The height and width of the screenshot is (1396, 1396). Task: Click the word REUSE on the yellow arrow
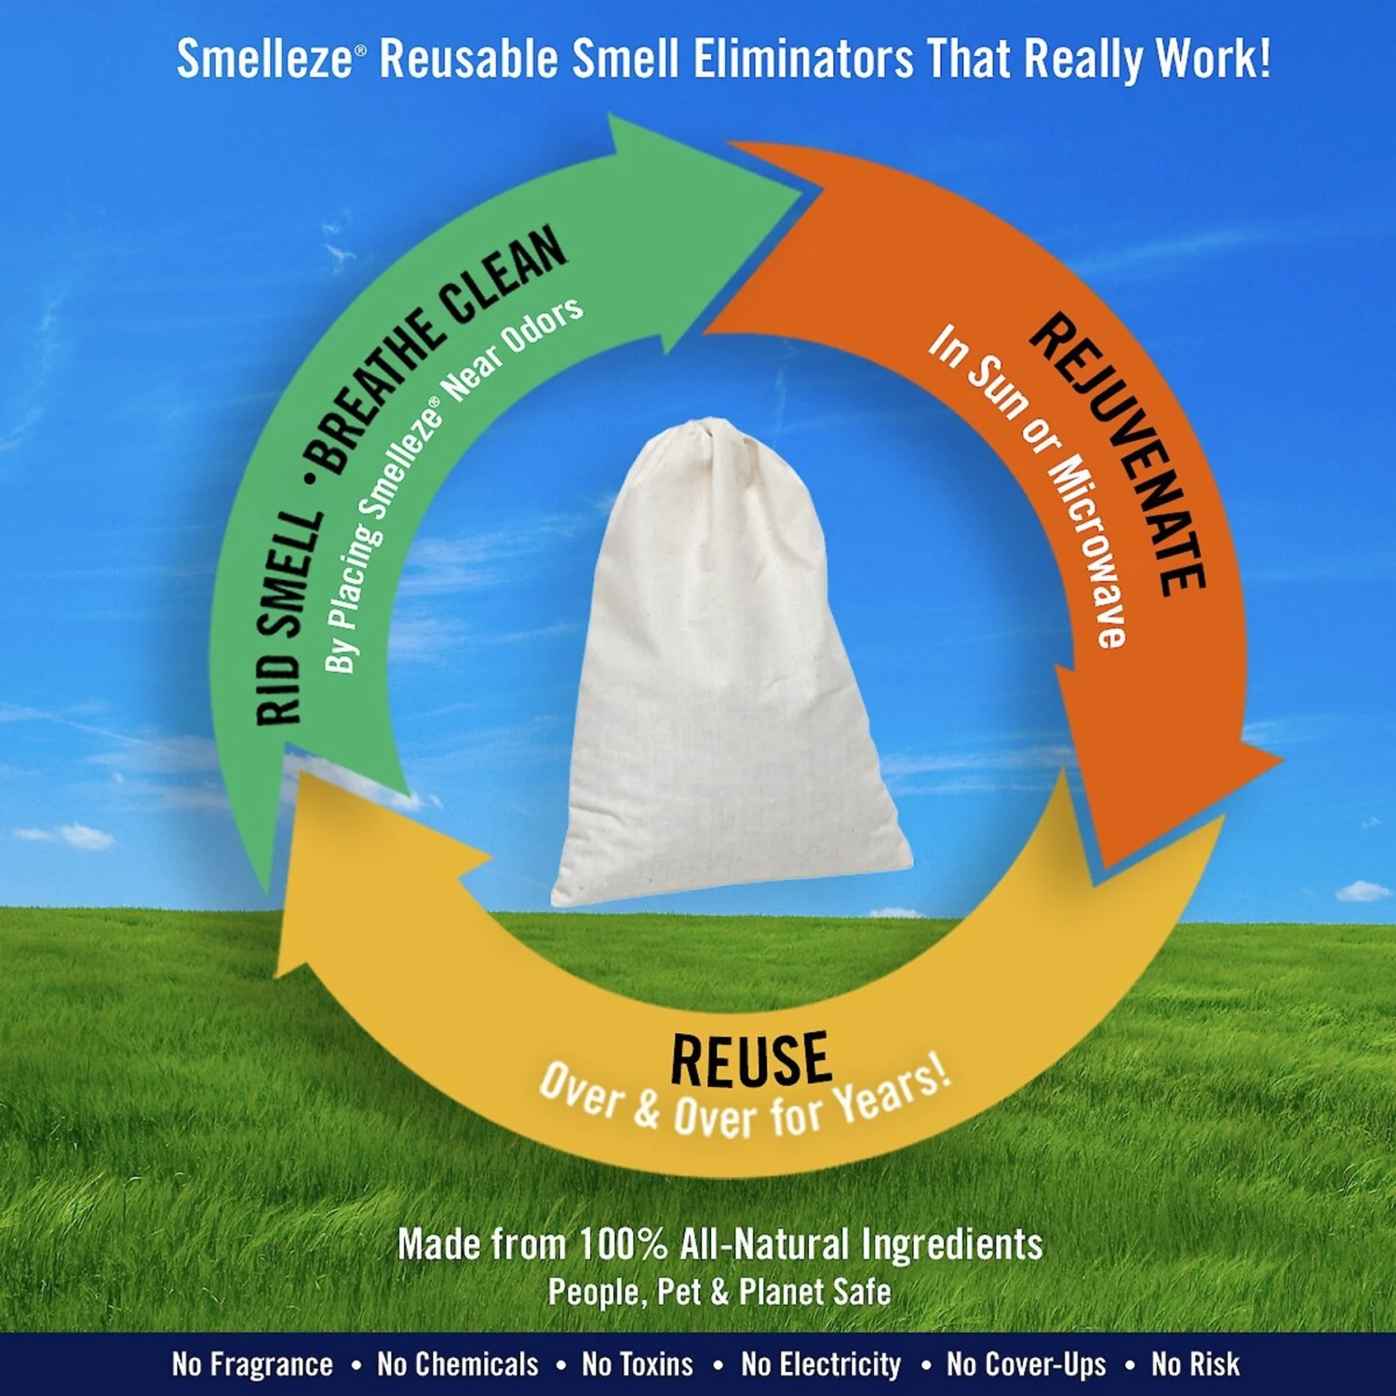pyautogui.click(x=750, y=1060)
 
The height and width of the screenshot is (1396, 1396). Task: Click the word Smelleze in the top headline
pyautogui.click(x=265, y=60)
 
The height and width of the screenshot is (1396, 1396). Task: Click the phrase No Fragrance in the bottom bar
pyautogui.click(x=252, y=1364)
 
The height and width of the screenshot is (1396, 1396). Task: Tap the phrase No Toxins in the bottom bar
pyautogui.click(x=638, y=1364)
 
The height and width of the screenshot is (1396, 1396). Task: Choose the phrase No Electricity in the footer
pyautogui.click(x=821, y=1364)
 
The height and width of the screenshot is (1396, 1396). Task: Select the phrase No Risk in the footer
pyautogui.click(x=1195, y=1364)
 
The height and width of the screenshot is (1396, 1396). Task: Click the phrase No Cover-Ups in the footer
pyautogui.click(x=1027, y=1364)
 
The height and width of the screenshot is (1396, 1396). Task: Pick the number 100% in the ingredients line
pyautogui.click(x=623, y=1244)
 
